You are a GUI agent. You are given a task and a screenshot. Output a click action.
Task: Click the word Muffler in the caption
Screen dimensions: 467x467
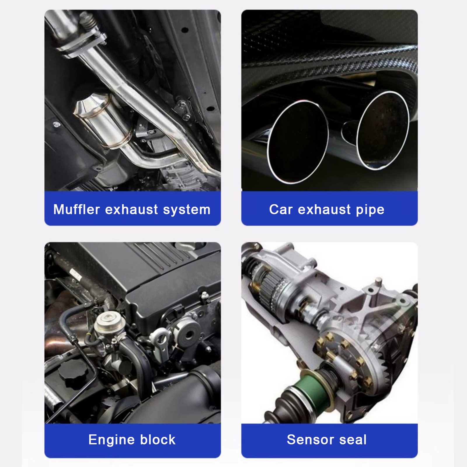click(x=76, y=209)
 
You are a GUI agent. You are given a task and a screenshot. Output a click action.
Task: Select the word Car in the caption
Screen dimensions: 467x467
click(x=280, y=209)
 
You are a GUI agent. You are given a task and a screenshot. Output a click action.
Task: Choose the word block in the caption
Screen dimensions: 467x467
click(x=158, y=440)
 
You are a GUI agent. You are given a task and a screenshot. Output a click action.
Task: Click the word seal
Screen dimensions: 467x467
click(x=353, y=440)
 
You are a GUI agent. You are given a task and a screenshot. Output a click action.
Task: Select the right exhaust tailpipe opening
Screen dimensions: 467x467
click(x=383, y=130)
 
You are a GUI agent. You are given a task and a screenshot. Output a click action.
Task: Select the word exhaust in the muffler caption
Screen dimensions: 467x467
click(x=131, y=209)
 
